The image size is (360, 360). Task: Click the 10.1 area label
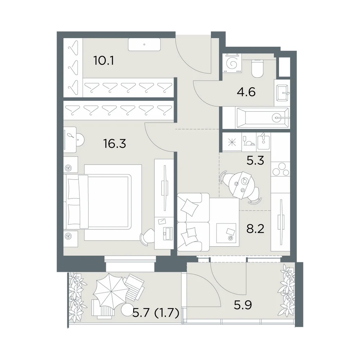104,61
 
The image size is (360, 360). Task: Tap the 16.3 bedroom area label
114,144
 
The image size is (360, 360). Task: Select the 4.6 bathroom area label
246,92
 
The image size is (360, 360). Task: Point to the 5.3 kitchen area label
255,161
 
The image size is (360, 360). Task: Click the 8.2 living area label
255,229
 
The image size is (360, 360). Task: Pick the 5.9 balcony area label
243,305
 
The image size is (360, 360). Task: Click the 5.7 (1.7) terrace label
156,313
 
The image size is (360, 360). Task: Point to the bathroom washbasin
282,93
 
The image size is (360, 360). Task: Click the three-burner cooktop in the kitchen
280,169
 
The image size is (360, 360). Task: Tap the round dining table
240,186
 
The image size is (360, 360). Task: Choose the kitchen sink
264,142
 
